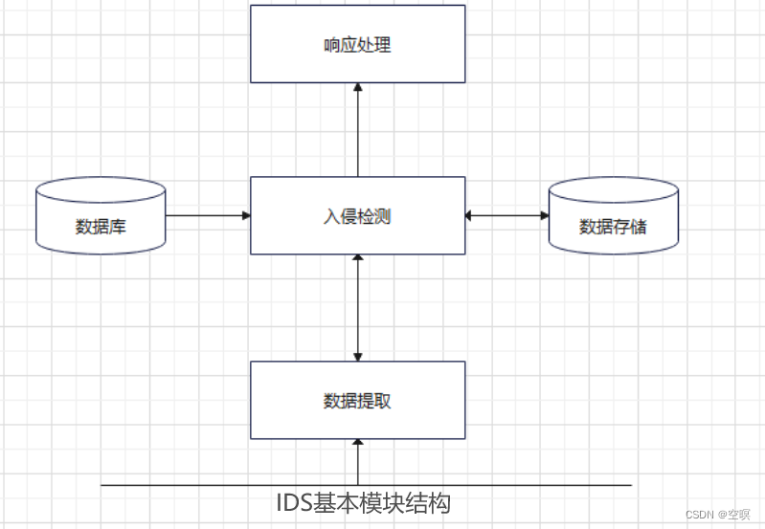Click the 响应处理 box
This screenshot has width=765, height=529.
pyautogui.click(x=357, y=44)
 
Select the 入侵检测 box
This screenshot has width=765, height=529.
pyautogui.click(x=357, y=215)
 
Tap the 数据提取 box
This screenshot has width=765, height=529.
pyautogui.click(x=357, y=400)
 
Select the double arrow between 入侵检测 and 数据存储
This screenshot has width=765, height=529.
pyautogui.click(x=506, y=215)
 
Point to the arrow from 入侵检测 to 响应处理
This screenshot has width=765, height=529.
pyautogui.click(x=357, y=130)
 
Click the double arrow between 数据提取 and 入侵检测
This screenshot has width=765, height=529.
pyautogui.click(x=357, y=307)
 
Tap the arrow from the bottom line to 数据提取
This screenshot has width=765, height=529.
pyautogui.click(x=357, y=462)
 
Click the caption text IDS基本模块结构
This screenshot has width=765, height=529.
pyautogui.click(x=363, y=502)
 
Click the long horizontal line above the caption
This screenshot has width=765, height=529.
pyautogui.click(x=191, y=485)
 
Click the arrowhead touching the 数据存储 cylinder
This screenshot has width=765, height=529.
pyautogui.click(x=543, y=215)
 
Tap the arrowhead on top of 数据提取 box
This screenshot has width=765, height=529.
pyautogui.click(x=357, y=356)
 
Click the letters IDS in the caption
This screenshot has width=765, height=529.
pyautogui.click(x=294, y=502)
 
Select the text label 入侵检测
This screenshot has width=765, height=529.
pyautogui.click(x=357, y=216)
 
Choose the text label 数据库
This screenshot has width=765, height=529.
pyautogui.click(x=101, y=227)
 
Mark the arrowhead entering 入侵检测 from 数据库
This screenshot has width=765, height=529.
pyautogui.click(x=245, y=215)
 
